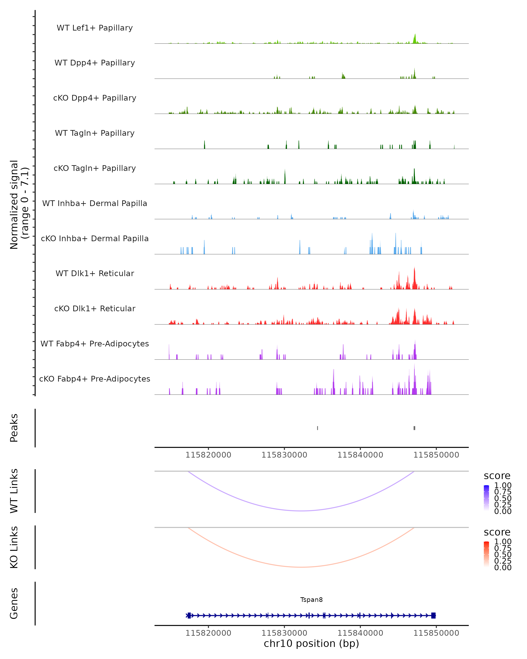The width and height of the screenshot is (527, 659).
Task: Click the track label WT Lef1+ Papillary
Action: [95, 28]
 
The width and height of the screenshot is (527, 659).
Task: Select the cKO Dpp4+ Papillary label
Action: [95, 98]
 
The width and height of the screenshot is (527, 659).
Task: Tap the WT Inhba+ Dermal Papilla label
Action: [95, 203]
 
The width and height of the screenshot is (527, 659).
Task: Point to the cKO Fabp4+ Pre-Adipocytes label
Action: [95, 379]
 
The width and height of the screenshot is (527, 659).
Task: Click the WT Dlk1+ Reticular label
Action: [95, 273]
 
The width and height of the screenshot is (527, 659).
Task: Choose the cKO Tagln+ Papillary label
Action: [95, 168]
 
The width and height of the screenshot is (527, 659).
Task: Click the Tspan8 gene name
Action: [311, 600]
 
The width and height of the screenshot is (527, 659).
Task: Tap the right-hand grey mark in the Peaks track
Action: [414, 428]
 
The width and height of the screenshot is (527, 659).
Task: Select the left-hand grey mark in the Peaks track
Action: [318, 428]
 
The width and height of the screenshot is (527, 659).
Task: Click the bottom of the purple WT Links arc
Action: [301, 511]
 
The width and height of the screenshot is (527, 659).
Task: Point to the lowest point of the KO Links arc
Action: [301, 567]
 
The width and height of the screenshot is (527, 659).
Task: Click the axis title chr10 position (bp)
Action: [311, 644]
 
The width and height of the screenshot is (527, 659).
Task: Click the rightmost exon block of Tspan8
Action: [433, 615]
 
